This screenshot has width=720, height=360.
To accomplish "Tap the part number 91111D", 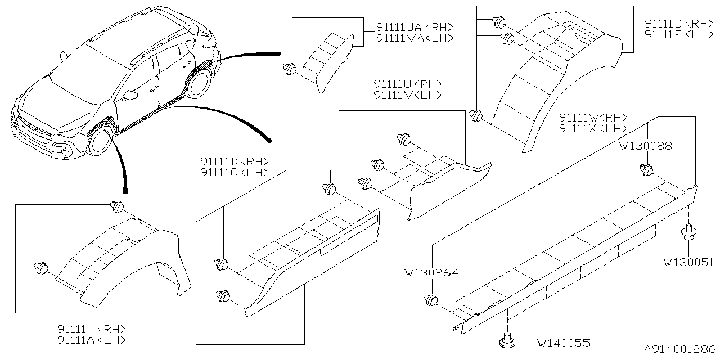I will pyautogui.click(x=664, y=24).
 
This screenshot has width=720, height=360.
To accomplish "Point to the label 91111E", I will pyautogui.click(x=664, y=34).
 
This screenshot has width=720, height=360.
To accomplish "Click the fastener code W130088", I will pyautogui.click(x=645, y=146).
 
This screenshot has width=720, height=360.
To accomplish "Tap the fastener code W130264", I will pyautogui.click(x=431, y=273).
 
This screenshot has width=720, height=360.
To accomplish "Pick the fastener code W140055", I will pyautogui.click(x=563, y=342).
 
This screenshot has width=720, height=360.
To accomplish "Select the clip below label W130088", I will pyautogui.click(x=647, y=169).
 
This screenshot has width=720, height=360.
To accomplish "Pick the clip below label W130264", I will pyautogui.click(x=431, y=299).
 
